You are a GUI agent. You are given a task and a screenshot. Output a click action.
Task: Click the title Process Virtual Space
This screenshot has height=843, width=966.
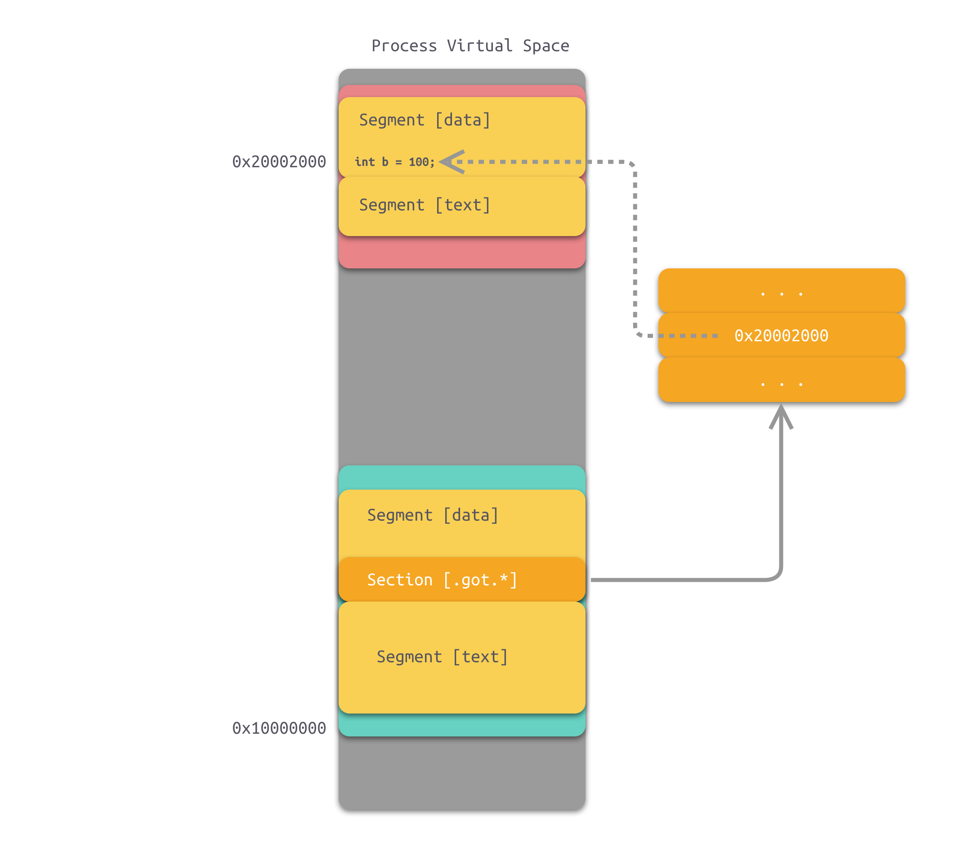click(470, 45)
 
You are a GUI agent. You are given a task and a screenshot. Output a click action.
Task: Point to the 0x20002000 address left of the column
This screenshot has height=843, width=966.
click(279, 162)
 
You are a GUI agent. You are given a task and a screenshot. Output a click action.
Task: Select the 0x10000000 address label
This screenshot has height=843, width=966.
click(279, 728)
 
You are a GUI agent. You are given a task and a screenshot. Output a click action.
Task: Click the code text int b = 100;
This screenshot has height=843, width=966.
click(394, 162)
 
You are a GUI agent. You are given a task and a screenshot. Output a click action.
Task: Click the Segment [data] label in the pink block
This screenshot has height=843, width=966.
click(425, 120)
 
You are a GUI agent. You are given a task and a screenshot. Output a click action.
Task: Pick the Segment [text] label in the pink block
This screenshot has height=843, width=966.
click(425, 205)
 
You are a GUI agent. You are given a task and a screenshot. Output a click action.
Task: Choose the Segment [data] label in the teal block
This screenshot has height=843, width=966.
click(433, 515)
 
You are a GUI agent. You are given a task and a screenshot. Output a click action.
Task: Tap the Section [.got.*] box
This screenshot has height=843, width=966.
click(461, 580)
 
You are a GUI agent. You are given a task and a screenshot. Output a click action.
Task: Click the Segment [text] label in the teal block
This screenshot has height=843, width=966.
click(442, 657)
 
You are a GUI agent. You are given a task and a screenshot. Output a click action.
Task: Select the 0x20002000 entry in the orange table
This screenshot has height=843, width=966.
click(781, 336)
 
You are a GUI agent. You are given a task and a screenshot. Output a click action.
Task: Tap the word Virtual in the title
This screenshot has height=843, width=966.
click(479, 45)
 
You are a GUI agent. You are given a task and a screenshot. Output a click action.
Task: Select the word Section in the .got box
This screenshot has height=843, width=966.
click(399, 580)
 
